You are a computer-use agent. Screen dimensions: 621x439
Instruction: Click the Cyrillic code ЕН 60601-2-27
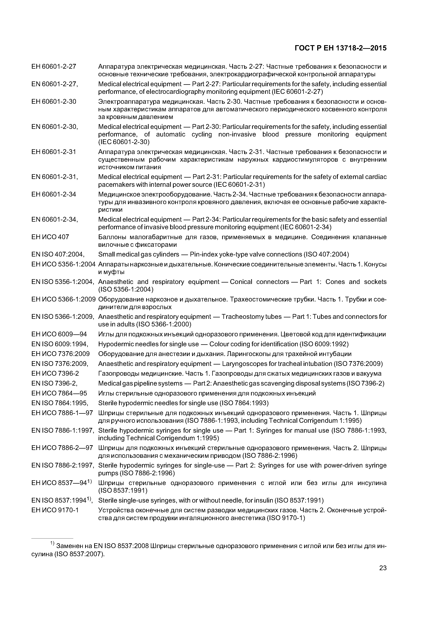click(54, 66)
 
